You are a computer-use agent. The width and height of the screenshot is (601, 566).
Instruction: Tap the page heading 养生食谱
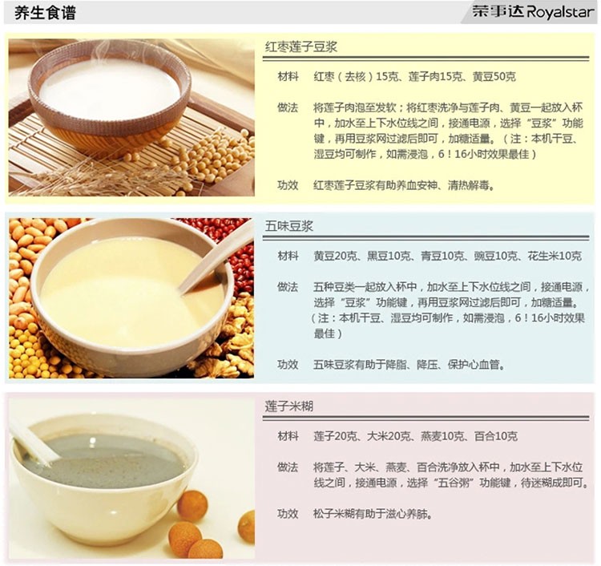click(45, 13)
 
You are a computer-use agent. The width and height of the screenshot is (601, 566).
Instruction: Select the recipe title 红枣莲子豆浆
click(300, 46)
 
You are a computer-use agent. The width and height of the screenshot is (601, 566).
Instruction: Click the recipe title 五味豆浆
click(289, 226)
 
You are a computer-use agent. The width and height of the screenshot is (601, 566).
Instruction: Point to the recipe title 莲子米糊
click(289, 406)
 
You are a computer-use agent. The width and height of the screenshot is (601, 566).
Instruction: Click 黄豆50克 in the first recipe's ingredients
click(494, 77)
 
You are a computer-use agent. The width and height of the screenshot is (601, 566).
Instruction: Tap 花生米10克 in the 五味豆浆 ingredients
click(555, 256)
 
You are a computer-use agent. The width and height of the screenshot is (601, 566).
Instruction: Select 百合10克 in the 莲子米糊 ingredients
click(496, 436)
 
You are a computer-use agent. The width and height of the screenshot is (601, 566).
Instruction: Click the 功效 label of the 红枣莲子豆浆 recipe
click(288, 185)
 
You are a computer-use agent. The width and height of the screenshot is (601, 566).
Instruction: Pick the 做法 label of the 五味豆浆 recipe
click(288, 287)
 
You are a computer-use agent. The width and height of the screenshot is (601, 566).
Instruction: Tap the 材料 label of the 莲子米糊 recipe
click(288, 436)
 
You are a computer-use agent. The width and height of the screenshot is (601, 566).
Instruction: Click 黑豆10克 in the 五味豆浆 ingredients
click(389, 256)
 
